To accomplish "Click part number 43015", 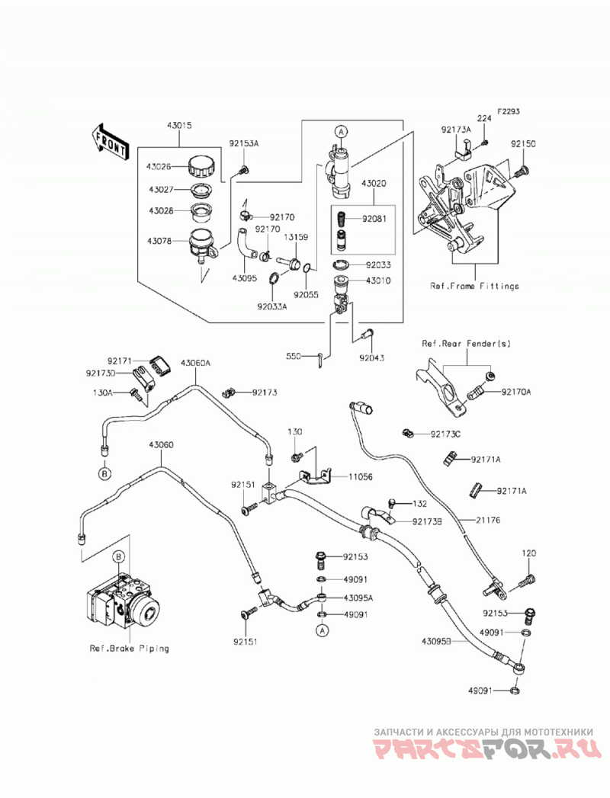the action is (178, 125).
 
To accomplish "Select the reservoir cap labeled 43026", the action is (202, 166).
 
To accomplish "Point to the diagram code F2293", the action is (508, 111).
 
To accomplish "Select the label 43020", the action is (374, 183).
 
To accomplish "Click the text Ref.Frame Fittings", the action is (474, 286).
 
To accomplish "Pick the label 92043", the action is (371, 357).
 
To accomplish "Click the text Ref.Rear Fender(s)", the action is (467, 344).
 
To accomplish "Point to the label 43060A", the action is (195, 363).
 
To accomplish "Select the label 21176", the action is (488, 520).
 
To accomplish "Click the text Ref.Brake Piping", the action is (130, 649).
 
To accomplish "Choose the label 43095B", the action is (437, 641).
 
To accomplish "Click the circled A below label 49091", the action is (321, 631).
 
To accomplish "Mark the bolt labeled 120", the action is (528, 579).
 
